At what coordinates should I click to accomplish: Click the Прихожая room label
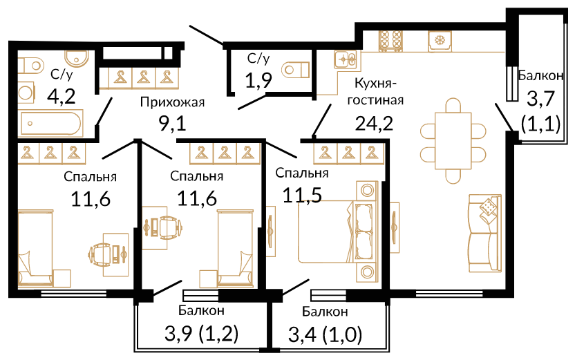point(172,102)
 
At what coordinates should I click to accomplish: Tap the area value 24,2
point(374,123)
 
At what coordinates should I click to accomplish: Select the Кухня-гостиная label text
point(375,92)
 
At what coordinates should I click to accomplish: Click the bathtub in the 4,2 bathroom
point(51,123)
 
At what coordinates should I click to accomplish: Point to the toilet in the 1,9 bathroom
point(296,69)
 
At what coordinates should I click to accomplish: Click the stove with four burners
point(391,40)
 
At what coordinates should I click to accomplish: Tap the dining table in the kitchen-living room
point(453,141)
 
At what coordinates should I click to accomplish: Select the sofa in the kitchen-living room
point(484,233)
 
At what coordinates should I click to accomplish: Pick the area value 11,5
point(302,196)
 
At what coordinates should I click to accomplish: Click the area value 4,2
point(62,96)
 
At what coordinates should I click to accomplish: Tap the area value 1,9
point(258,80)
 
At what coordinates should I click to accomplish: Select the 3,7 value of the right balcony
point(540,100)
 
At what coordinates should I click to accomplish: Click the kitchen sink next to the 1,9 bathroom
point(346,59)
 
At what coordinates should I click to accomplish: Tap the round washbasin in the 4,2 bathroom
point(76,57)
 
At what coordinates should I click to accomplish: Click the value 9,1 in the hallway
point(172,123)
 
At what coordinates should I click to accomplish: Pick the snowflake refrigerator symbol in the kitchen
point(440,41)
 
